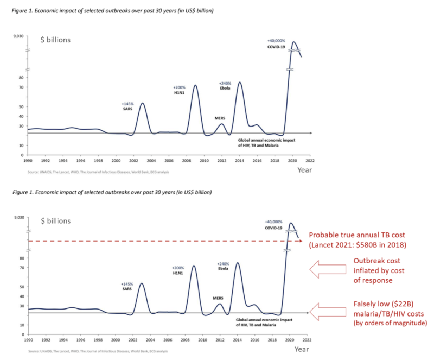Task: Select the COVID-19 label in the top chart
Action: [276, 47]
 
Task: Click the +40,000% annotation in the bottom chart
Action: [276, 222]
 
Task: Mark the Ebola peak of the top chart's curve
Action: [240, 83]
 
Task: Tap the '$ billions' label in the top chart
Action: [55, 39]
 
